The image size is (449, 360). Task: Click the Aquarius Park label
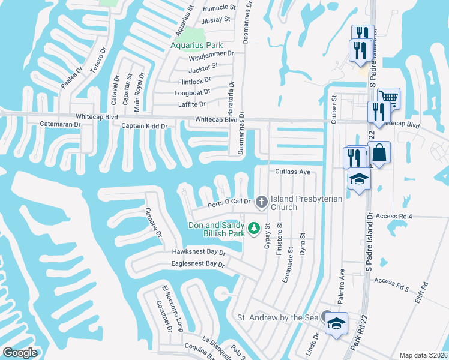click(196, 45)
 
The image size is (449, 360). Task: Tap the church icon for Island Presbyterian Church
click(261, 202)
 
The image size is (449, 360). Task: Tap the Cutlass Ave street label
click(292, 172)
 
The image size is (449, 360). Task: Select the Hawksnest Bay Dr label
click(190, 253)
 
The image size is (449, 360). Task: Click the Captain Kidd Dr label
click(144, 126)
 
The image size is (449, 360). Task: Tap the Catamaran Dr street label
click(60, 124)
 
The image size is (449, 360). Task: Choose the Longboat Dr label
click(192, 92)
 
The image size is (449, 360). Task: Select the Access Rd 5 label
click(391, 280)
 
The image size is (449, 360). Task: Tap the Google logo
click(20, 353)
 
